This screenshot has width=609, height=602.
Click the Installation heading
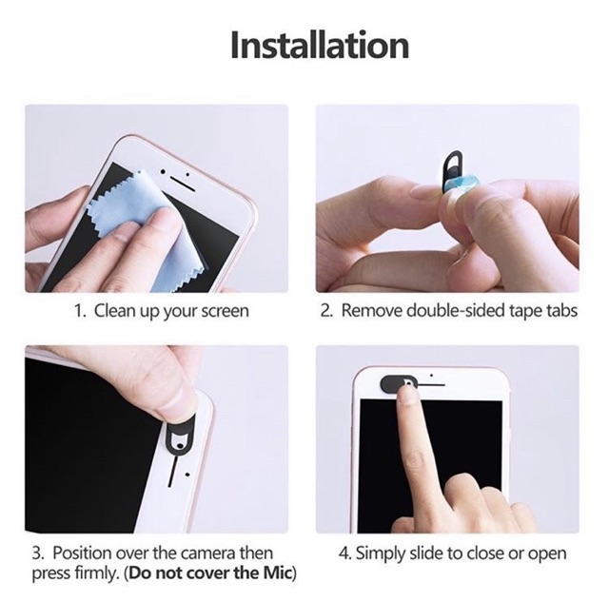pyautogui.click(x=320, y=46)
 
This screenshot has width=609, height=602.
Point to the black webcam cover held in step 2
pyautogui.click(x=452, y=169)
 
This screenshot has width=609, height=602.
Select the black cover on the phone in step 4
pyautogui.click(x=396, y=382)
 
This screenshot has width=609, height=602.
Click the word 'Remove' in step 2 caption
pyautogui.click(x=372, y=311)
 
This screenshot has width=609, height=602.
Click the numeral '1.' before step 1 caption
pyautogui.click(x=80, y=311)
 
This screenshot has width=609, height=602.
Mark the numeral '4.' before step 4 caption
pyautogui.click(x=344, y=553)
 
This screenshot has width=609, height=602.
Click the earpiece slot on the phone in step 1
pyautogui.click(x=183, y=184)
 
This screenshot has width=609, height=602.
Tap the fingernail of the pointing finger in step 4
pyautogui.click(x=407, y=395)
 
